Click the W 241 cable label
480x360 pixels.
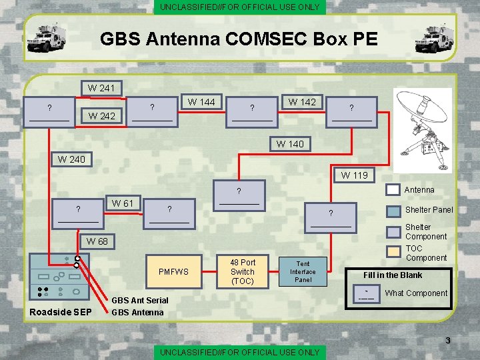pyautogui.click(x=101, y=87)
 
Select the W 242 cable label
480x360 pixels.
pyautogui.click(x=101, y=116)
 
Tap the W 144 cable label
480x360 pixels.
pyautogui.click(x=201, y=102)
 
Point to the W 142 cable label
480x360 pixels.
pyautogui.click(x=302, y=102)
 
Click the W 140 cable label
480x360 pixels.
pyautogui.click(x=290, y=144)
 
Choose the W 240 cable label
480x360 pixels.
pyautogui.click(x=71, y=159)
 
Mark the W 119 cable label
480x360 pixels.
pyautogui.click(x=355, y=176)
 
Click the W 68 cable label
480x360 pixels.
pyautogui.click(x=97, y=241)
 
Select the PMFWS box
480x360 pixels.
pyautogui.click(x=173, y=271)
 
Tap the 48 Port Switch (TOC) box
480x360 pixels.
pyautogui.click(x=243, y=271)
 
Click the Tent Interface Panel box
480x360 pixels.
pyautogui.click(x=303, y=271)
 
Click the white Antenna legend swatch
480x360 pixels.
pyautogui.click(x=395, y=190)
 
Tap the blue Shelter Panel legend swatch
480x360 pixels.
pyautogui.click(x=395, y=209)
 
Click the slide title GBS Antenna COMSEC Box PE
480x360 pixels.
pyautogui.click(x=239, y=39)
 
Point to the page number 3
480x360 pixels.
pyautogui.click(x=448, y=341)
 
